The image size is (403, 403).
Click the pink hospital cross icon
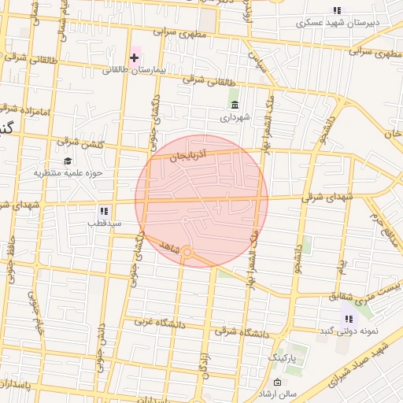click(x=134, y=57)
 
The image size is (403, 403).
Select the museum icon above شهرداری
click(x=234, y=105)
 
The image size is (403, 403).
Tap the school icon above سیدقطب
click(x=103, y=211)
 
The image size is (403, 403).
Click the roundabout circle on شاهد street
click(x=187, y=252)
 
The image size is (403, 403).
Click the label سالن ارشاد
click(x=279, y=394)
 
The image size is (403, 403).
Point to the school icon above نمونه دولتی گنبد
click(x=347, y=319)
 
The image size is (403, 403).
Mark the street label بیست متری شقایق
click(x=350, y=296)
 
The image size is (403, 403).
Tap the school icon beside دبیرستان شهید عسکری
click(x=337, y=10)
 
